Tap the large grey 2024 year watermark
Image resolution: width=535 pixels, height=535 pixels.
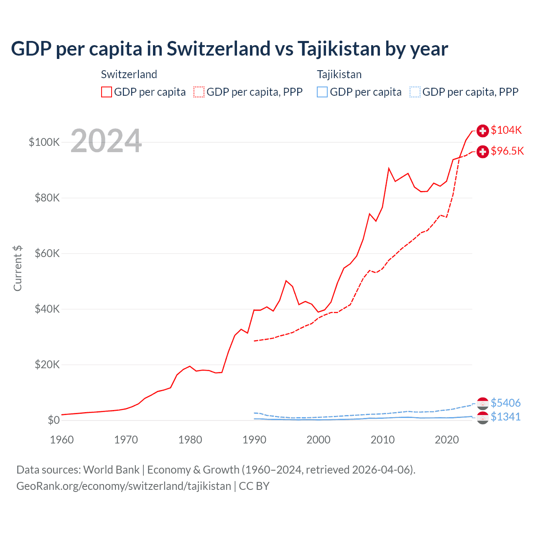(x=106, y=141)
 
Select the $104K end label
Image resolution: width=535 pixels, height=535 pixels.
(x=506, y=130)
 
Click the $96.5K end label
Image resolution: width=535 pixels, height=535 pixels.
(x=507, y=151)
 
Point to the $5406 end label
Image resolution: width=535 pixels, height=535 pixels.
(x=505, y=403)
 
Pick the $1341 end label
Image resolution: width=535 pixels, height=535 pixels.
(x=505, y=417)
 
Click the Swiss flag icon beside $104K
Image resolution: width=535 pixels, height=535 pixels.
(x=483, y=131)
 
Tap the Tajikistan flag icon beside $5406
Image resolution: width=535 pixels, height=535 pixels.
(x=483, y=403)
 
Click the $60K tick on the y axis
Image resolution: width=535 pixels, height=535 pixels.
(x=47, y=253)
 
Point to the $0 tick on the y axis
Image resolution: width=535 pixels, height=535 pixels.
(x=53, y=420)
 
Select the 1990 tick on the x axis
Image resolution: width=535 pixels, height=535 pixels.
(x=254, y=440)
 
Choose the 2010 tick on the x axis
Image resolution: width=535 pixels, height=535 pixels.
(x=382, y=440)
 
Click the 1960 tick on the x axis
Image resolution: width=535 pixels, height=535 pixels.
(x=62, y=440)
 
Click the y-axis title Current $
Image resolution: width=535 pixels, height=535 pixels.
(x=18, y=268)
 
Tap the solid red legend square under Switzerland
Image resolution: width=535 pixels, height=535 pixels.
(x=107, y=92)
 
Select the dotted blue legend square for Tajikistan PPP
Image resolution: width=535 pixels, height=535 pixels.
(x=415, y=92)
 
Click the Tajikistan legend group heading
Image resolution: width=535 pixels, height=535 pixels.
(x=339, y=74)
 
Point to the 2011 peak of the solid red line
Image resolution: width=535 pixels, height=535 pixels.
(x=389, y=168)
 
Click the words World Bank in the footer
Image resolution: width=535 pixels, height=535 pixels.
(x=111, y=470)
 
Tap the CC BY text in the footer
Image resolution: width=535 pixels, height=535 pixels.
(x=254, y=486)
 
